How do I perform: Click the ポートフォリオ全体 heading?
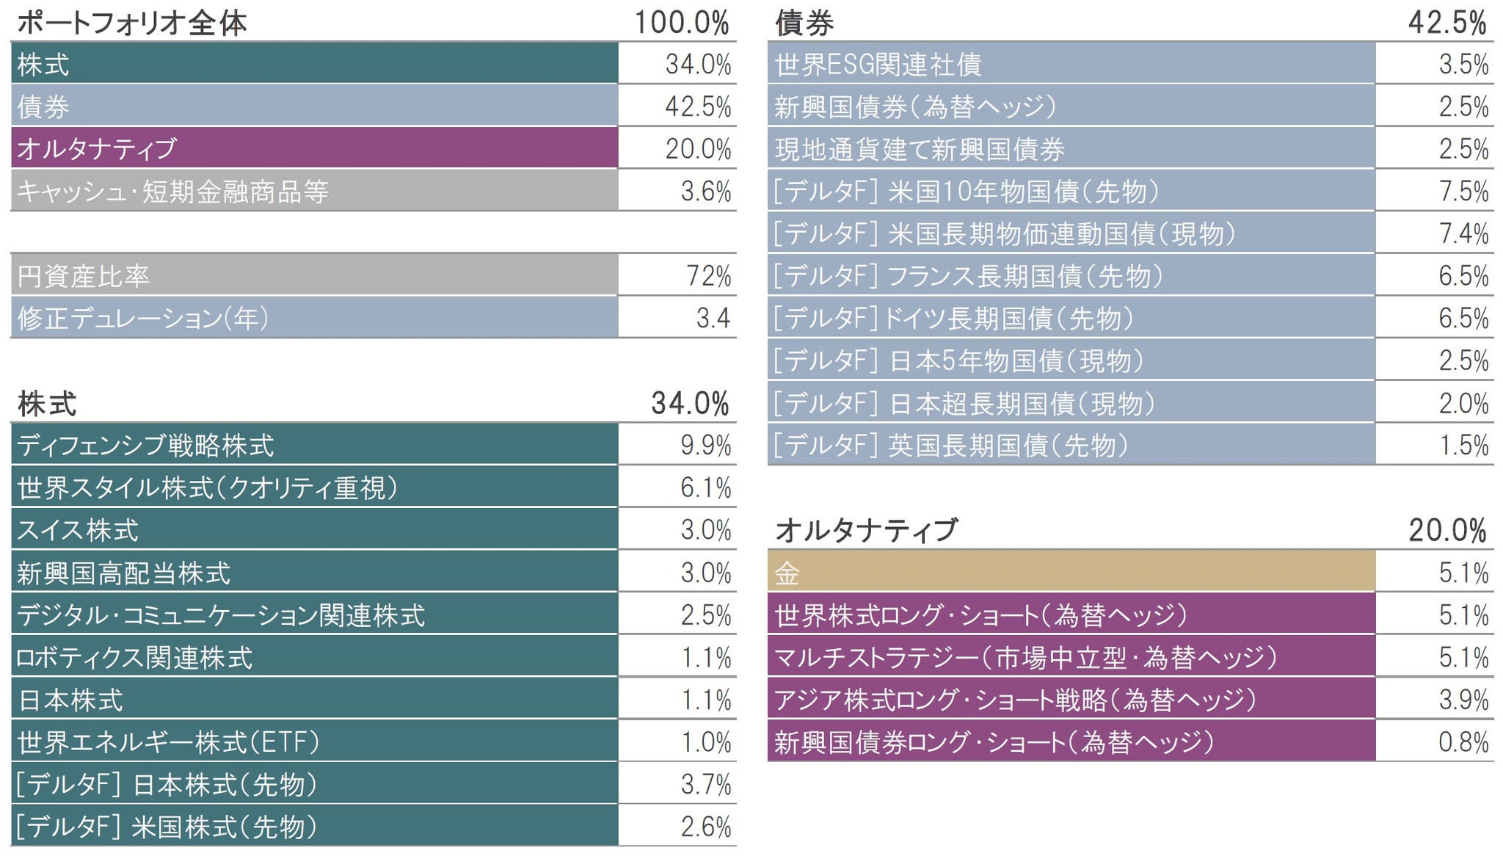131,23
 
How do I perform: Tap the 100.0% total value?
681,23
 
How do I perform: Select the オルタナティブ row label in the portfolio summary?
97,148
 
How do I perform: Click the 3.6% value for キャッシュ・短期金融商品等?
705,192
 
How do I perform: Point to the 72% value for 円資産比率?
708,276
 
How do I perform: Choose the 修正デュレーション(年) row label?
143,318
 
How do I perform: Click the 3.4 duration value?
713,318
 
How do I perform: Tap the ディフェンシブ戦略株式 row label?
145,445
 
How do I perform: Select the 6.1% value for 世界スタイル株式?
705,487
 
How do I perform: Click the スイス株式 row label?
78,530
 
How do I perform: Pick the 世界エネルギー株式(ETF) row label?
168,742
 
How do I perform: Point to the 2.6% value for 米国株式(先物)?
705,827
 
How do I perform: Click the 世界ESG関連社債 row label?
878,65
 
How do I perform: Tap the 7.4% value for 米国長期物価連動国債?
1463,233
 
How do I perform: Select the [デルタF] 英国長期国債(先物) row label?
951,445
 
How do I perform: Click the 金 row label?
787,573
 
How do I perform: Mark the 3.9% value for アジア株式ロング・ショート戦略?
1463,700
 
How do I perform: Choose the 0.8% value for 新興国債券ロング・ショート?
1463,742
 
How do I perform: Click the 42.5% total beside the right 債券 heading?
1446,23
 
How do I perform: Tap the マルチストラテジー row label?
1026,657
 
